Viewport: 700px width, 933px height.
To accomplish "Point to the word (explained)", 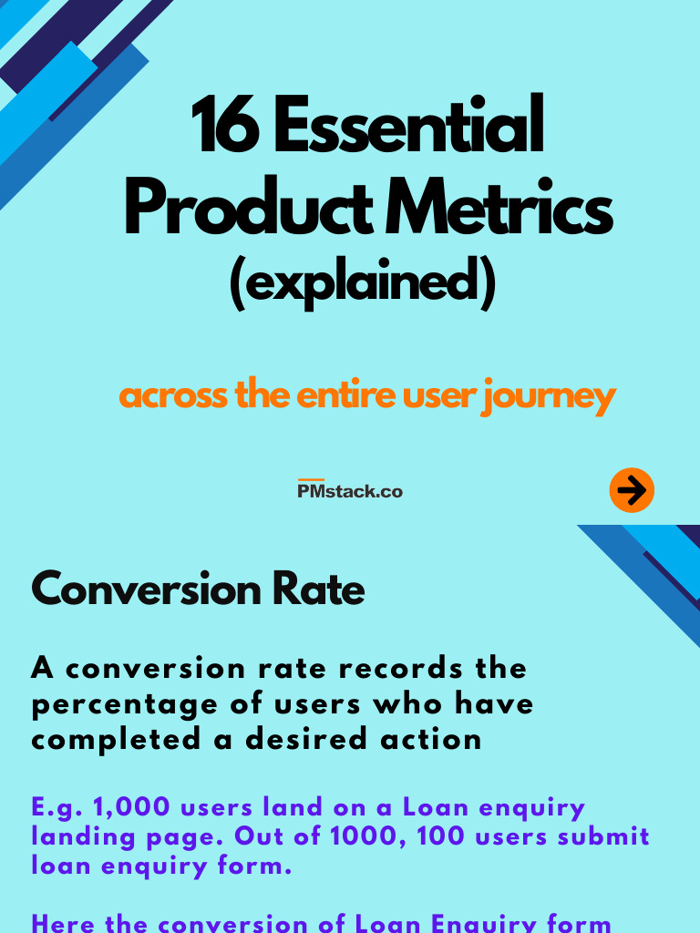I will (x=362, y=283).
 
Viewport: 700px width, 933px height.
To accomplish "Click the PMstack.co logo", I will (x=350, y=490).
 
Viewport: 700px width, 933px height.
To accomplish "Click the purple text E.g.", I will (x=57, y=808).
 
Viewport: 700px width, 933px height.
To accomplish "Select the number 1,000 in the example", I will (x=133, y=808).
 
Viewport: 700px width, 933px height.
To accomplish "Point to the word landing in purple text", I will (x=87, y=836).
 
